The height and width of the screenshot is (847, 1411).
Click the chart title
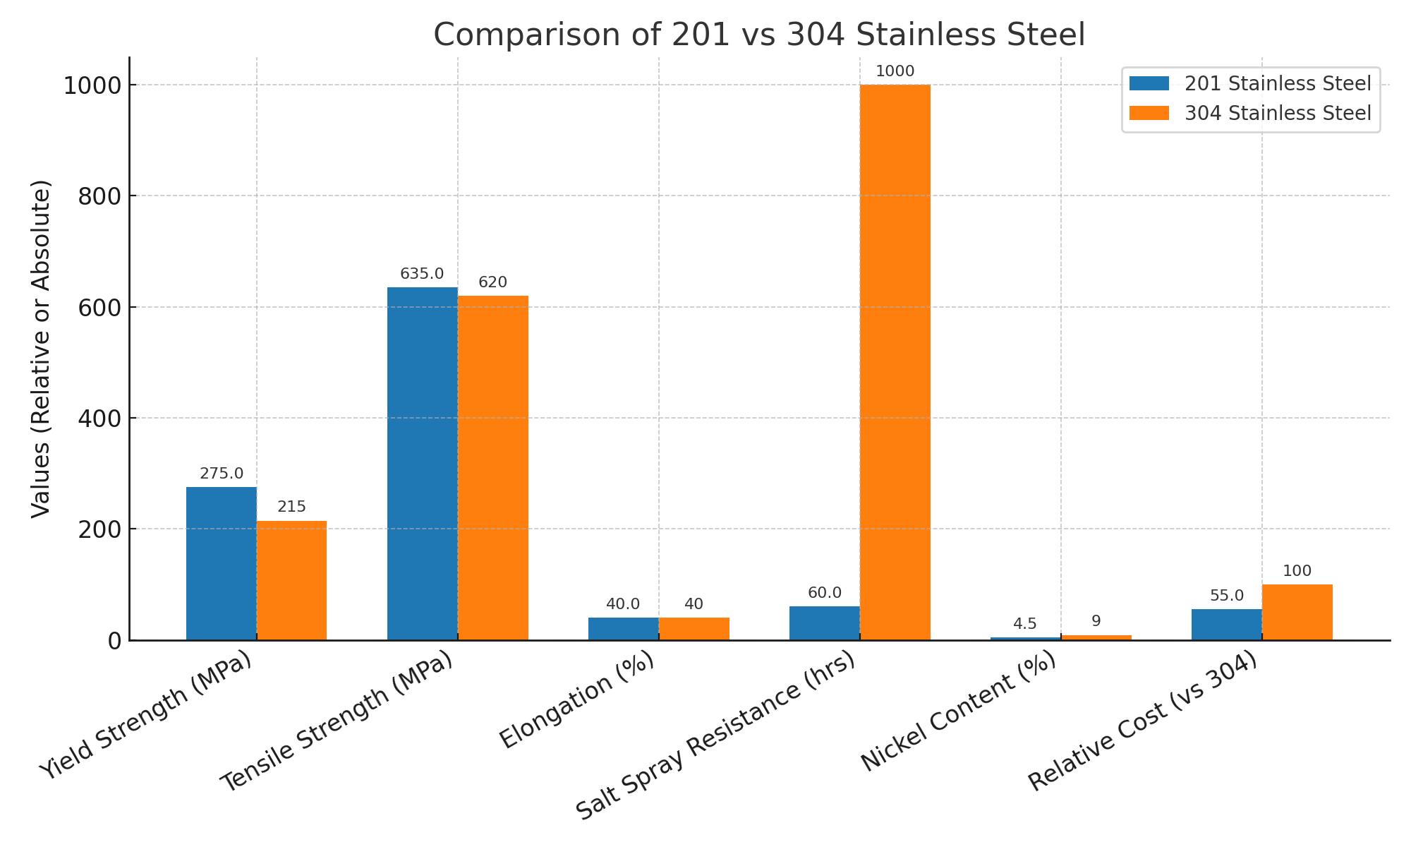point(758,35)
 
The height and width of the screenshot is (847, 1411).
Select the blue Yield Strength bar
point(221,563)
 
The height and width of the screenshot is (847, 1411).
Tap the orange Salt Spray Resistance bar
point(895,362)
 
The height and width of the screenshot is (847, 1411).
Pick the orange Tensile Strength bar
point(492,467)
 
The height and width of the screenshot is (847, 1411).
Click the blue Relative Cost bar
point(1226,625)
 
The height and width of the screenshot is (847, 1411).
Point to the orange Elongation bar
point(694,629)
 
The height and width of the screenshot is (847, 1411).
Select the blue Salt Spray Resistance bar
point(824,623)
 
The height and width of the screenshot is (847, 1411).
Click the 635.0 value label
point(422,274)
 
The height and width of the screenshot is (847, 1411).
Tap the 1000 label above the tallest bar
point(895,71)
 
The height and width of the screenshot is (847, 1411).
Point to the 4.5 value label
point(1024,624)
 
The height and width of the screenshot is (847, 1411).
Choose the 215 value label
point(291,507)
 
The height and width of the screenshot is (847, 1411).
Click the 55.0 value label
point(1226,596)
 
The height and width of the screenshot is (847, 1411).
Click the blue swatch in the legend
point(1149,83)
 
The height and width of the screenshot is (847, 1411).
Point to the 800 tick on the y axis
point(99,196)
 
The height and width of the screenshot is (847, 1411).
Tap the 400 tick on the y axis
point(99,419)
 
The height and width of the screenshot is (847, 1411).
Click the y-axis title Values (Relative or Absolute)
point(42,349)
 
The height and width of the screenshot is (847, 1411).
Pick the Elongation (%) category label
point(577,700)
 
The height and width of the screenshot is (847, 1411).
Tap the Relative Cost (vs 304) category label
point(1143,721)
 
